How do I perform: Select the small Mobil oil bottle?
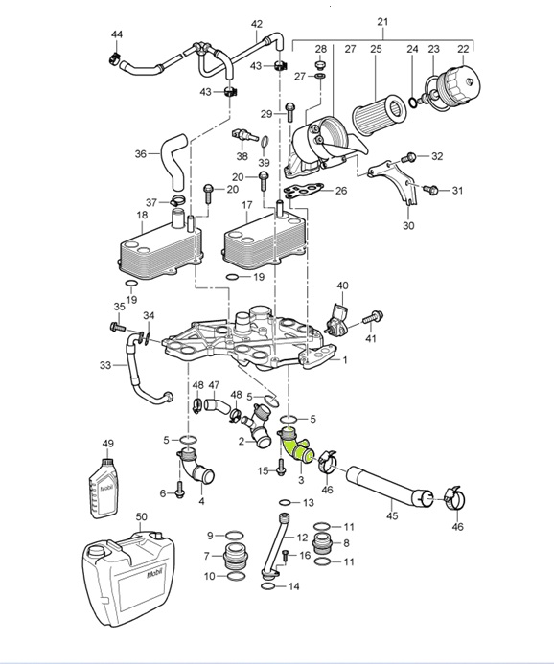click(x=104, y=489)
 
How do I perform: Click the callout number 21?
click(x=382, y=21)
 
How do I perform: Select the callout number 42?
click(x=257, y=24)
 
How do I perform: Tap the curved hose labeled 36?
click(x=173, y=161)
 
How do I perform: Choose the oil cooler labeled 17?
click(x=265, y=240)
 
